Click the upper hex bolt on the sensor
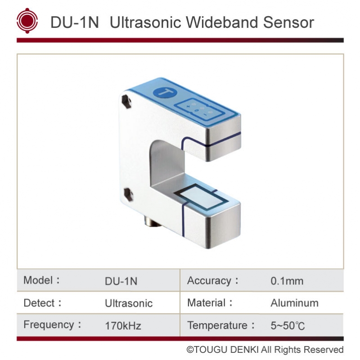[128, 101]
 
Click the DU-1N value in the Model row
[121, 281]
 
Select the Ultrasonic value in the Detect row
[128, 303]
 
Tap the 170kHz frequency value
[122, 325]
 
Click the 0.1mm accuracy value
[287, 281]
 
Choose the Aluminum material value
[294, 303]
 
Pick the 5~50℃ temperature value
[288, 325]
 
